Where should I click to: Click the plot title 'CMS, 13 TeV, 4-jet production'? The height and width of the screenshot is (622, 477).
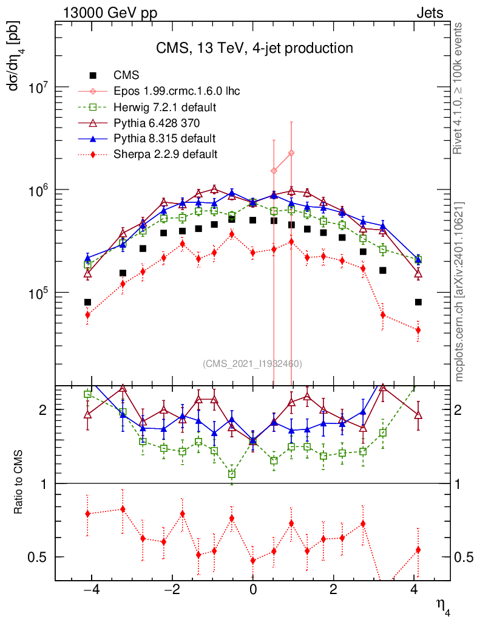point(254,48)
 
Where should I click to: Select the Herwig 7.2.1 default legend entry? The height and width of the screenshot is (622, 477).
point(166,108)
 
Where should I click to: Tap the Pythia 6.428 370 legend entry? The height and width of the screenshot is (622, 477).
point(157,123)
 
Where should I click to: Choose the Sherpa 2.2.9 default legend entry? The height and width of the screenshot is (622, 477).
point(166,154)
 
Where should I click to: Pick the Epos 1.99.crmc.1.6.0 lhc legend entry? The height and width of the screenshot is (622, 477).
point(177,92)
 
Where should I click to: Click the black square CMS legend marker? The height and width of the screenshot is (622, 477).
point(93,76)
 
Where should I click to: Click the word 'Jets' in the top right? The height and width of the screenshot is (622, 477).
point(429,14)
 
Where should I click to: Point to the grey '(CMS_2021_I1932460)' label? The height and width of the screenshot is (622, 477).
point(252,364)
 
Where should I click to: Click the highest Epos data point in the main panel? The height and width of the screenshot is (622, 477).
point(291,153)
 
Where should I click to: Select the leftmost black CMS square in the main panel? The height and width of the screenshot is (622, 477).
point(87,302)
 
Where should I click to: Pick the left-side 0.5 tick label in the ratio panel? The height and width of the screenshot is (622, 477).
point(43,557)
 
